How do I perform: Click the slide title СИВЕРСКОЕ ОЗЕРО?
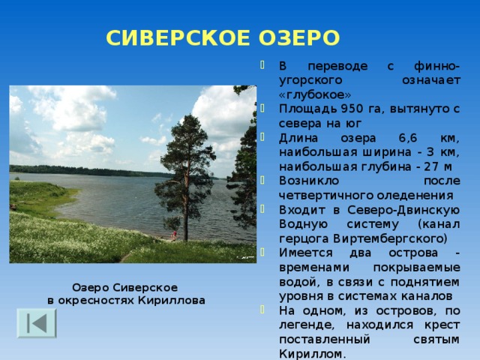pos(223,37)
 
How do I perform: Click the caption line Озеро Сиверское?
pos(124,288)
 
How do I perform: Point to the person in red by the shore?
pos(175,235)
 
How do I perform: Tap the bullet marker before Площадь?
pos(261,111)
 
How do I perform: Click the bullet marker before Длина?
pos(261,139)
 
